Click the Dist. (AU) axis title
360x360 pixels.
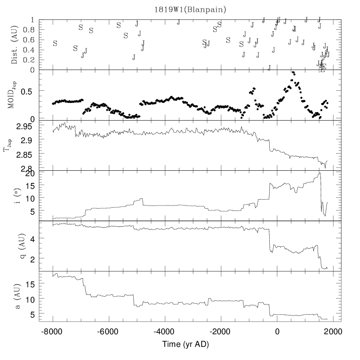tap(14, 45)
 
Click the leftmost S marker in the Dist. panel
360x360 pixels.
tap(55, 43)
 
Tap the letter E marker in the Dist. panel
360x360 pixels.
tap(323, 66)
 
